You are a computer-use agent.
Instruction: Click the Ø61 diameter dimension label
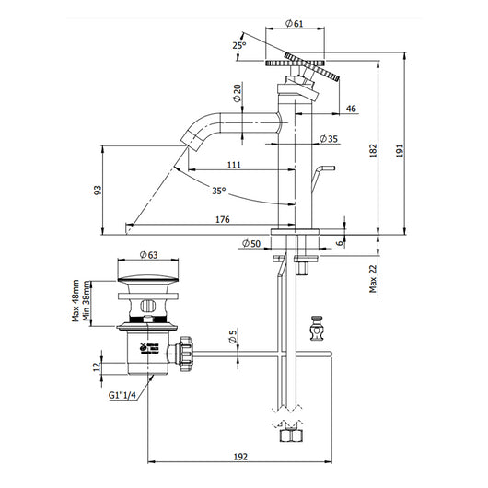click(x=295, y=23)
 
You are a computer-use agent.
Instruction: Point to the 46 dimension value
click(x=351, y=110)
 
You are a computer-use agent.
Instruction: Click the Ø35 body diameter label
click(x=330, y=139)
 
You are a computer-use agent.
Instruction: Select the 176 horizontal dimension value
click(x=222, y=218)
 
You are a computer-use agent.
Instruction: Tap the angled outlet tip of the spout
click(x=191, y=141)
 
